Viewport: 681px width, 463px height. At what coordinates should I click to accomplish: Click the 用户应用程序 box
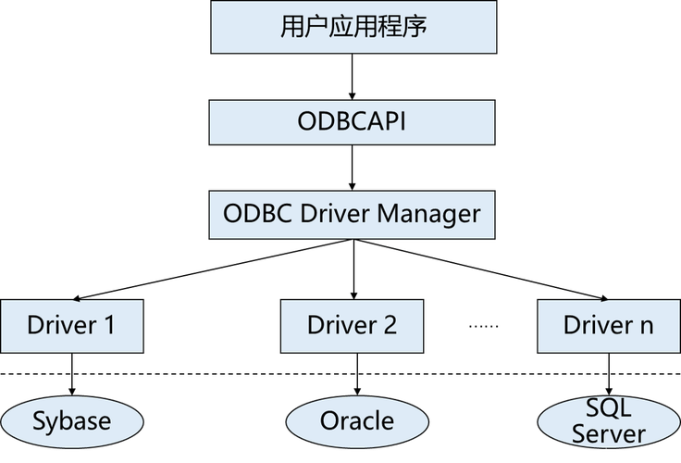pos(353,27)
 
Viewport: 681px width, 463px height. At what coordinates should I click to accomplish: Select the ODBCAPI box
pos(353,121)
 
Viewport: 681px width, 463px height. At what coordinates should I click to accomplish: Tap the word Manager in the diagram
pos(433,214)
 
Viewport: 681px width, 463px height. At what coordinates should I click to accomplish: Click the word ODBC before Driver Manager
pos(255,214)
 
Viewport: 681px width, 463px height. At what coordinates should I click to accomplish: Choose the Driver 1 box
pos(71,325)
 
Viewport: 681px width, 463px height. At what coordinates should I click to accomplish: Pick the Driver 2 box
pos(352,325)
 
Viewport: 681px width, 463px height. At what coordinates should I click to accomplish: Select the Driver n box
pos(608,325)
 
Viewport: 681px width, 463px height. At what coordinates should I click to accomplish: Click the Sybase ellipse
pos(71,421)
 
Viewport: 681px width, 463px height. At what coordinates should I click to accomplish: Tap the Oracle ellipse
pos(356,421)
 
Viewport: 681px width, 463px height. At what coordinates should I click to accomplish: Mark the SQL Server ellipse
pos(608,421)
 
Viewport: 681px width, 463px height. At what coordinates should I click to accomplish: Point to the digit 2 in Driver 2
pos(389,325)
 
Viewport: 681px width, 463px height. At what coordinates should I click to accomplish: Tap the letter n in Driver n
pos(645,325)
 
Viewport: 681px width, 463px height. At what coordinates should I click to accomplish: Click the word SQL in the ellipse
pos(608,408)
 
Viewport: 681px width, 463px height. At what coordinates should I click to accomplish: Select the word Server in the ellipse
pos(608,433)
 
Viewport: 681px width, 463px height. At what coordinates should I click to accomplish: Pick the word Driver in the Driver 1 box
pos(61,325)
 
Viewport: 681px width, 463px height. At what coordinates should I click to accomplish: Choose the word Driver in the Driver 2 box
pos(341,325)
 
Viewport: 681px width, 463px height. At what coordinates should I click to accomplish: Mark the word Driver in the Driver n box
pos(598,325)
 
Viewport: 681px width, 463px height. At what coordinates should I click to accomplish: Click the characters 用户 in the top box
pos(304,27)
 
